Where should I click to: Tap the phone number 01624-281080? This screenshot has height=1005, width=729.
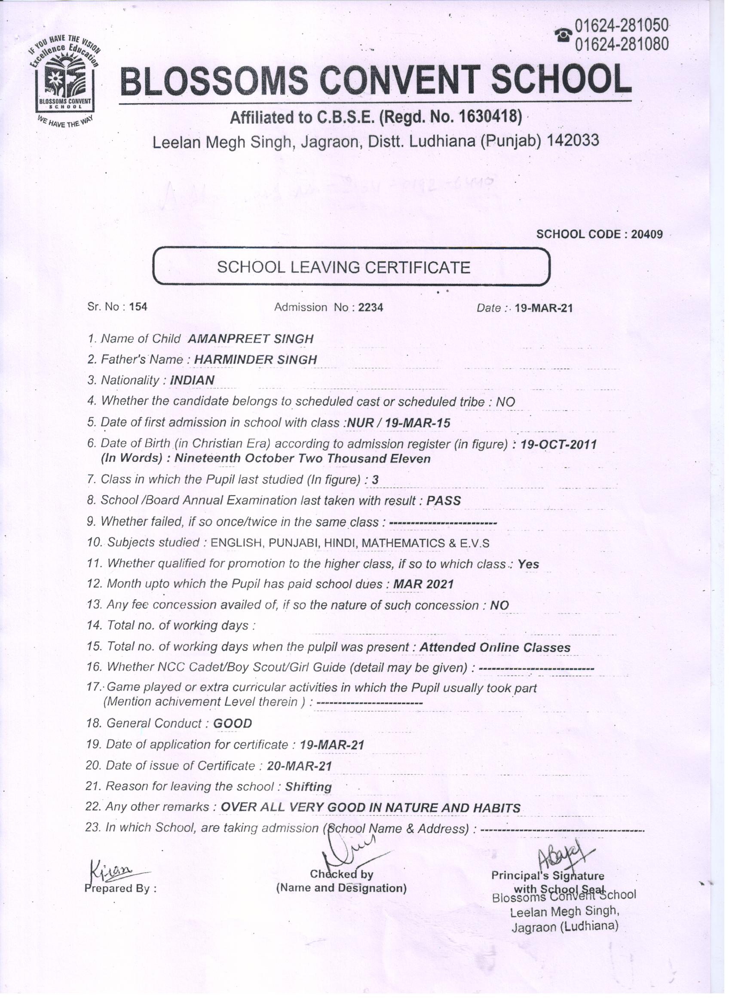(621, 43)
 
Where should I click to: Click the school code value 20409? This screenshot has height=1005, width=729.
(646, 234)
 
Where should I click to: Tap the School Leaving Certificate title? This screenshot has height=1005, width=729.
(343, 268)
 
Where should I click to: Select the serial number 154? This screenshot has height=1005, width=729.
(138, 307)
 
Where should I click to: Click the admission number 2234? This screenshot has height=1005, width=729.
(371, 307)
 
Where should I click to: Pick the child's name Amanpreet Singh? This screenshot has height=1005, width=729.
(251, 339)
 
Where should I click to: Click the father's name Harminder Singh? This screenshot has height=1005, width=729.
(255, 360)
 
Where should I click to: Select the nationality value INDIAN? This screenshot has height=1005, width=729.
(192, 380)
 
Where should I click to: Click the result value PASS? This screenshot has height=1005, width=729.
(443, 501)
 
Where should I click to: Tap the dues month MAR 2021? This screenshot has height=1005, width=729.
(423, 585)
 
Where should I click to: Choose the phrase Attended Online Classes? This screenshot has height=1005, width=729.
(495, 647)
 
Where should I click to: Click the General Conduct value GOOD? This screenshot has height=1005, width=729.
(233, 723)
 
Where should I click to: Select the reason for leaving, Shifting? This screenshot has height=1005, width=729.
(308, 787)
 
